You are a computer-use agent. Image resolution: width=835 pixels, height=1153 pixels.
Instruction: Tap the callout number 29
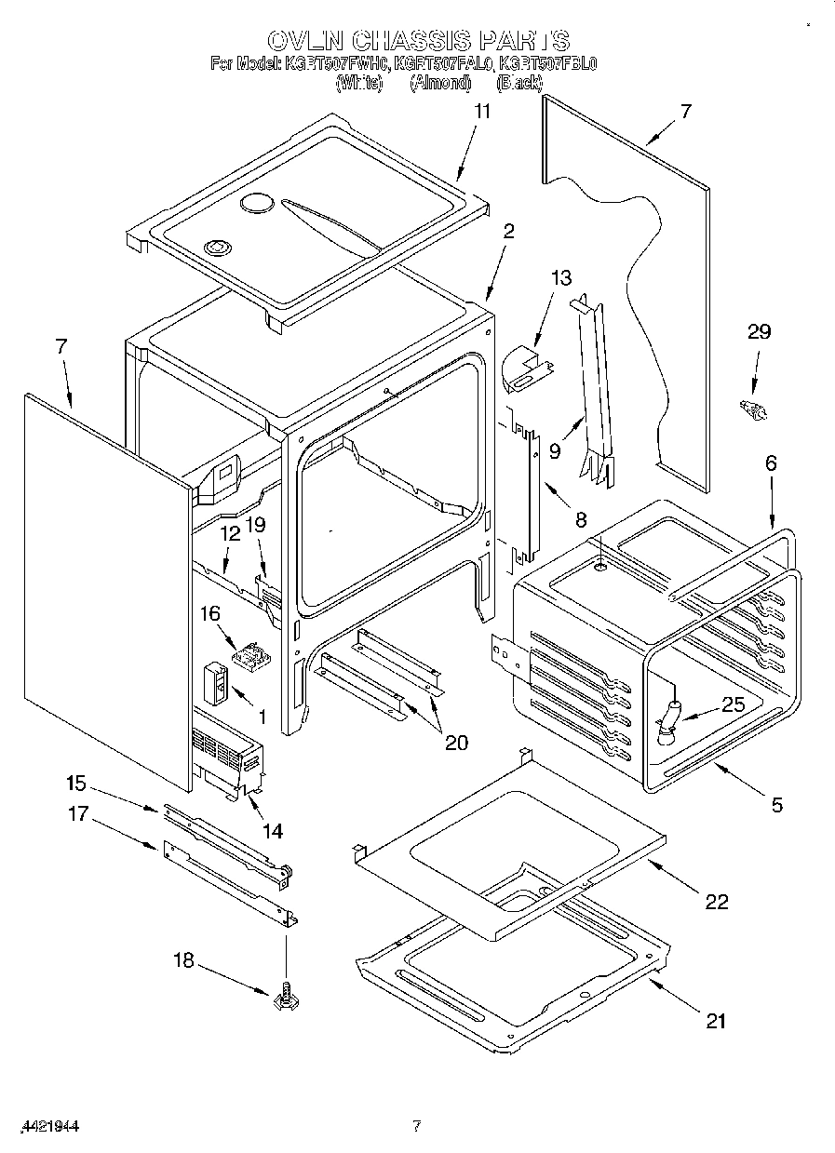pos(760,332)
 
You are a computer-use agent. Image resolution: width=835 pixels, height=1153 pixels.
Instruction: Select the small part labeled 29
pos(751,409)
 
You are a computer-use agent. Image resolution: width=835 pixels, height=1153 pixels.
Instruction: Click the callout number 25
pos(734,704)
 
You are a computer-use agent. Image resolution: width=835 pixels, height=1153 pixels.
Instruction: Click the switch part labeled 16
pos(250,657)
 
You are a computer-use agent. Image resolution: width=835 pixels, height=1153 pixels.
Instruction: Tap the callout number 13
pos(561,277)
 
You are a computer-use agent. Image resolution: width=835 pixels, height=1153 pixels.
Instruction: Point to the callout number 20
pos(456,742)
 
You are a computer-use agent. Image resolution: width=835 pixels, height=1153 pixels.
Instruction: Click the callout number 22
pos(716,901)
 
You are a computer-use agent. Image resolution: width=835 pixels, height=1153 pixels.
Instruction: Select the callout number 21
pos(715,1021)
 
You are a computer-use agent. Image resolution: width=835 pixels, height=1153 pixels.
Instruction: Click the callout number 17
pos(77,814)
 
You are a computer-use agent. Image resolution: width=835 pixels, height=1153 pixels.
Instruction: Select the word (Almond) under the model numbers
pos(439,83)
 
